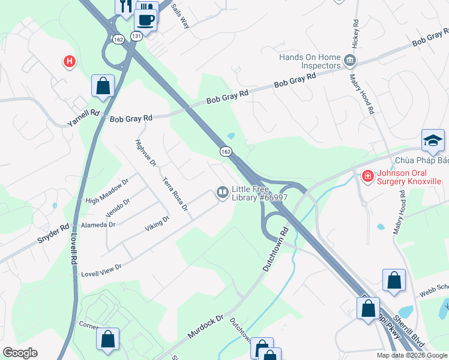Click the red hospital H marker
pos(70,61)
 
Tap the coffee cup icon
pos(146,20)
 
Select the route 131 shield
pos(137,36)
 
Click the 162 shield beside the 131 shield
pos(118,39)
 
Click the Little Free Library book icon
pos(222,192)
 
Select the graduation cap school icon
pos(433,141)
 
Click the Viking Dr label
pos(157,224)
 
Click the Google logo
pos(20,353)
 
